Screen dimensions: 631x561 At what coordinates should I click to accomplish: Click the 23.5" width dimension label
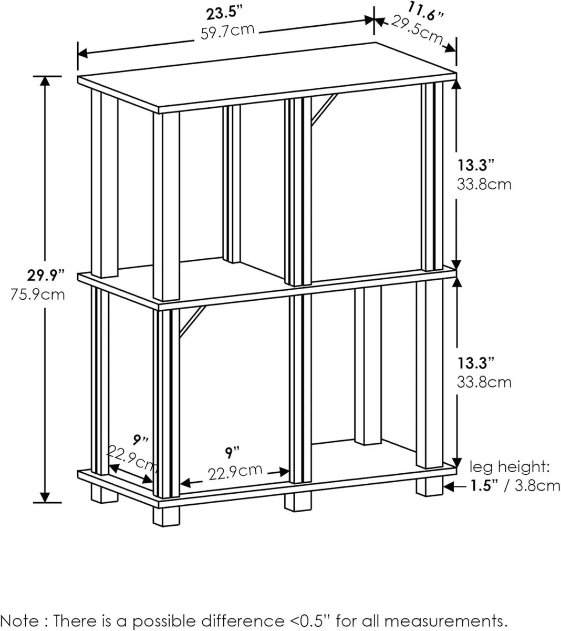(227, 12)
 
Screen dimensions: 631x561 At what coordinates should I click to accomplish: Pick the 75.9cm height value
(38, 294)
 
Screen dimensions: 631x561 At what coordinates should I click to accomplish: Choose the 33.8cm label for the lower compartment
(483, 381)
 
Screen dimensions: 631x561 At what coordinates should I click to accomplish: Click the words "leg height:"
(509, 466)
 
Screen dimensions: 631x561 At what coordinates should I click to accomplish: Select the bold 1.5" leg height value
(482, 485)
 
